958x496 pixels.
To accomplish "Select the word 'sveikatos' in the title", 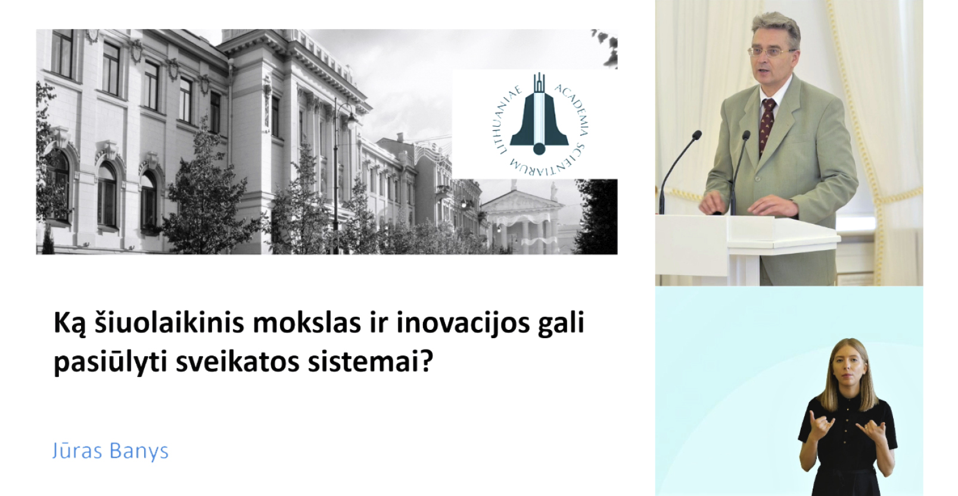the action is click(237, 363).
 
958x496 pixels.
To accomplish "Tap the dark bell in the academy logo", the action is click(539, 120).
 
